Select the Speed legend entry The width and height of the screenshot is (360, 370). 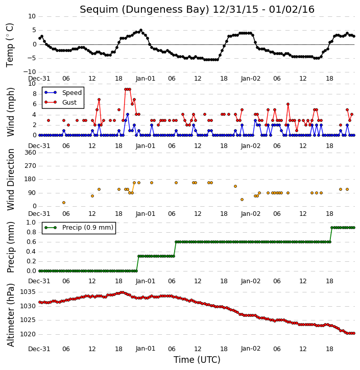pyautogui.click(x=63, y=93)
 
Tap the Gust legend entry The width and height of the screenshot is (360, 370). pyautogui.click(x=61, y=103)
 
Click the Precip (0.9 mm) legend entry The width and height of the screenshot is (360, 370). pyautogui.click(x=79, y=228)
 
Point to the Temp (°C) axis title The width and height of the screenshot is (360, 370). pyautogui.click(x=10, y=45)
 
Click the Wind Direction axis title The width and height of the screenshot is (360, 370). pyautogui.click(x=10, y=180)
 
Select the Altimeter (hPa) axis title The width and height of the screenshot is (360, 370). pyautogui.click(x=10, y=315)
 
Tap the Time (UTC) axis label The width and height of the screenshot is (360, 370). pyautogui.click(x=197, y=360)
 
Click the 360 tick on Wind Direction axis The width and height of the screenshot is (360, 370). pyautogui.click(x=31, y=153)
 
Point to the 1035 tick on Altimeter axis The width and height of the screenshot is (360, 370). pyautogui.click(x=28, y=292)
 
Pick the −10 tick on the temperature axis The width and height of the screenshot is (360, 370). pyautogui.click(x=29, y=72)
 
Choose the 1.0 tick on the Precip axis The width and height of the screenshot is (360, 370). pyautogui.click(x=31, y=223)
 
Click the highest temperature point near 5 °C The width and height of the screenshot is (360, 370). pyautogui.click(x=141, y=31)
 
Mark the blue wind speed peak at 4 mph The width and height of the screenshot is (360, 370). pyautogui.click(x=128, y=114)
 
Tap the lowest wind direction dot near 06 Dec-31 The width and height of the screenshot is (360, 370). pyautogui.click(x=64, y=203)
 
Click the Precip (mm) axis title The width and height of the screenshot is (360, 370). pyautogui.click(x=10, y=248)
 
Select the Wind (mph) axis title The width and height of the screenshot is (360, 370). pyautogui.click(x=10, y=112)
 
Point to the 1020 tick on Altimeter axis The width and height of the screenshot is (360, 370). pyautogui.click(x=28, y=334)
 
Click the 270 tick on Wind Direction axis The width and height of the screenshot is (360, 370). pyautogui.click(x=31, y=166)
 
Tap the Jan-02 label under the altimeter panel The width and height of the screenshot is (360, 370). pyautogui.click(x=250, y=349)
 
